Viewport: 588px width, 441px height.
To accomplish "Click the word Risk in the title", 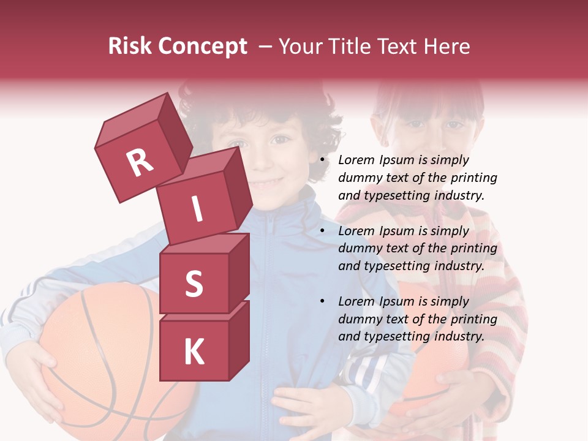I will (130, 47).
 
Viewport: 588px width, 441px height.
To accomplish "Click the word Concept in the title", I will (203, 47).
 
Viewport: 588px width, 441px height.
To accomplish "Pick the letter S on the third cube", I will (194, 284).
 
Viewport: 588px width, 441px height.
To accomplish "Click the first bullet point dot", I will (322, 160).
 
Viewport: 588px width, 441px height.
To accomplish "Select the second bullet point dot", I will (322, 232).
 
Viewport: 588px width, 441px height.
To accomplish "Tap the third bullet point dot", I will (322, 302).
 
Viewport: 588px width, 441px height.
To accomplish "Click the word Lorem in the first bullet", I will (356, 160).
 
